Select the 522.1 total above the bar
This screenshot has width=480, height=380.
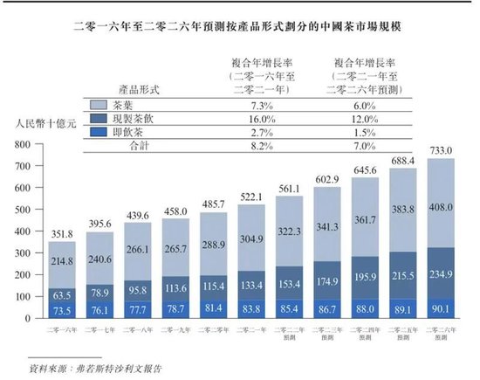tap(250, 197)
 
